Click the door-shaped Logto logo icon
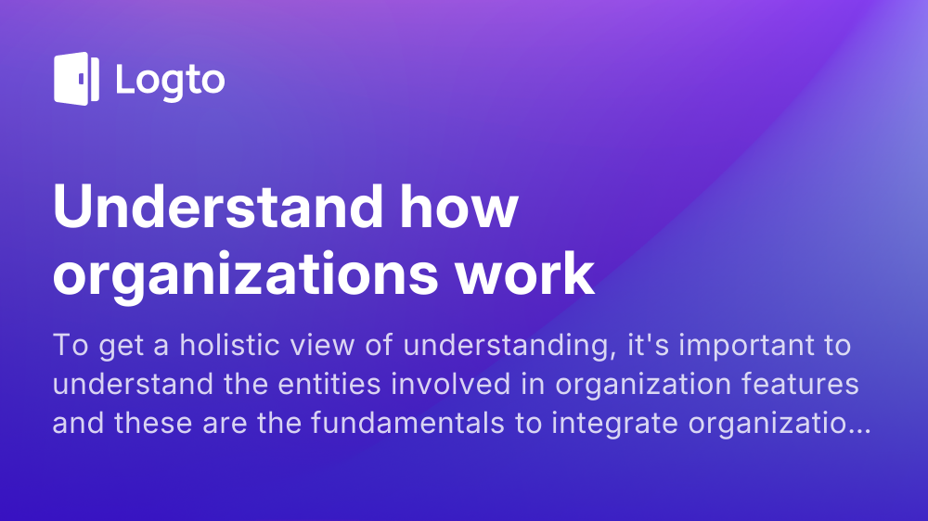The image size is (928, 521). tap(76, 79)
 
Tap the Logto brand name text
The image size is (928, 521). tap(171, 81)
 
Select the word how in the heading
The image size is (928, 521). tap(458, 207)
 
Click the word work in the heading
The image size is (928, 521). tap(524, 273)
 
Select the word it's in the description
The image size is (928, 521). tap(649, 345)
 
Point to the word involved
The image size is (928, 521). tap(451, 385)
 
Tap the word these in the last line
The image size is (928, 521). tap(153, 424)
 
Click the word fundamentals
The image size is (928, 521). tap(407, 424)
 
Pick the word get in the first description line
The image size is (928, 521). tap(122, 347)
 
